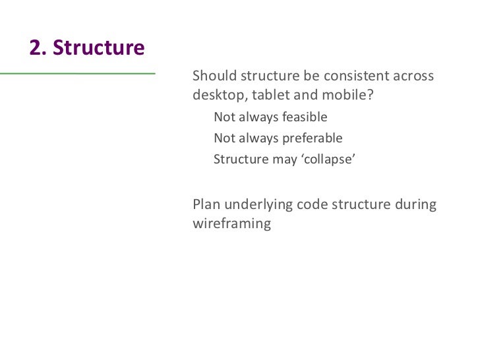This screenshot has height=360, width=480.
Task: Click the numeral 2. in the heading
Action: pyautogui.click(x=38, y=48)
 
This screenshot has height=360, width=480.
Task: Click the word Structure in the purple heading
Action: pyautogui.click(x=98, y=48)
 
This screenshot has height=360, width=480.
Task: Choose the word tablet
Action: pyautogui.click(x=271, y=95)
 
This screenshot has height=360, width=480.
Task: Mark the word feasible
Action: pyautogui.click(x=305, y=118)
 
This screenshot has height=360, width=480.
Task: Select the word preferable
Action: pyautogui.click(x=313, y=139)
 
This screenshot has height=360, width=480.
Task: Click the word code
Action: pyautogui.click(x=312, y=204)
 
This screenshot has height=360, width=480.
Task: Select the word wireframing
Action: pyautogui.click(x=231, y=224)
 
